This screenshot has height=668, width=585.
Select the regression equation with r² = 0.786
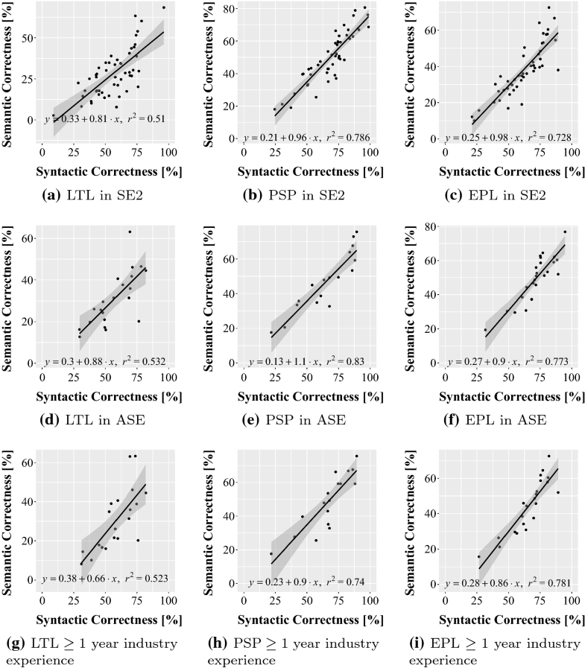pos(309,138)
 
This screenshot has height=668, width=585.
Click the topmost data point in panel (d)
pos(130,232)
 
